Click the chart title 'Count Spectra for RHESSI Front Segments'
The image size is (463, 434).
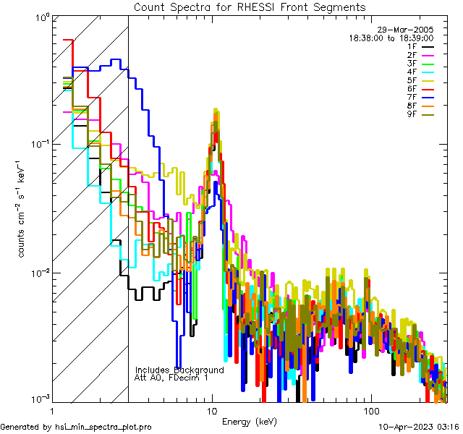coord(250,7)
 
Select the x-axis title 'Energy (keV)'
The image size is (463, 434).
coord(249,422)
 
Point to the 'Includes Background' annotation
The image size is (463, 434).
coord(179,370)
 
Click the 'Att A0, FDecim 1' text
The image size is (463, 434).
coord(171,378)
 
